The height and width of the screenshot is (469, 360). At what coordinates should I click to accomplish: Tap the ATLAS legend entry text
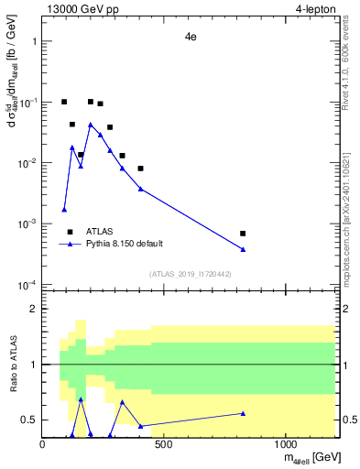(x=100, y=232)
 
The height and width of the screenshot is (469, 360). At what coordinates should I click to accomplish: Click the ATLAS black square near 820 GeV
(x=243, y=234)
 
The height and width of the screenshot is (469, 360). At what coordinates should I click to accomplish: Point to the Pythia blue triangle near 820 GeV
(x=243, y=249)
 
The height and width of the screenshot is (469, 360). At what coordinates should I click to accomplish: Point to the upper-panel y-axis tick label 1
(x=33, y=42)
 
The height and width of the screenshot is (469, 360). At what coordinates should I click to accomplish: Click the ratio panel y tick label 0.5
(x=29, y=420)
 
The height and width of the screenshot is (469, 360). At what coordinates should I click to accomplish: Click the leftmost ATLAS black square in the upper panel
(x=64, y=102)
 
